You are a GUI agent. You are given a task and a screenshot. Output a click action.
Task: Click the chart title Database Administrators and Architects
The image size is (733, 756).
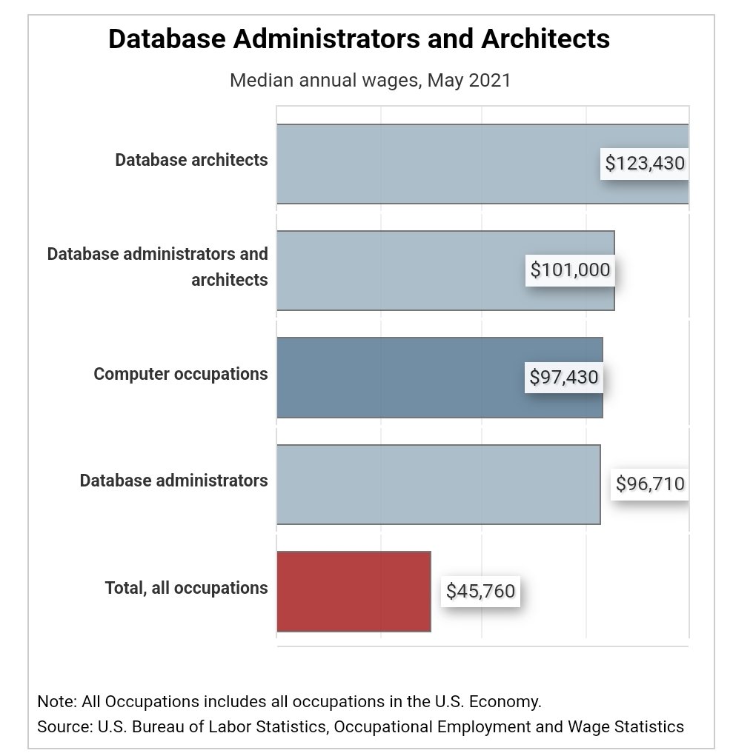pyautogui.click(x=359, y=39)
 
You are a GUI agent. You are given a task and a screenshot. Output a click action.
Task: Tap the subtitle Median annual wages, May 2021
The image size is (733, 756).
pyautogui.click(x=370, y=80)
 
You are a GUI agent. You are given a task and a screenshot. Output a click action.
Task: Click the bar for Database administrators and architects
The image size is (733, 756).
pyautogui.click(x=400, y=270)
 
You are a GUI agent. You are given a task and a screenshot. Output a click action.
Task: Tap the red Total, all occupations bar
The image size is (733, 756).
pyautogui.click(x=354, y=592)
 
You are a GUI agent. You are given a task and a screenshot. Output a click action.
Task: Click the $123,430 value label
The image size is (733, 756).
pyautogui.click(x=645, y=163)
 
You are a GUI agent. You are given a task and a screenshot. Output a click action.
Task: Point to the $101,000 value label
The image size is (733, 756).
pyautogui.click(x=570, y=270)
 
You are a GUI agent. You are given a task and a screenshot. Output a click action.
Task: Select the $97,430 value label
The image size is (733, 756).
pyautogui.click(x=563, y=378)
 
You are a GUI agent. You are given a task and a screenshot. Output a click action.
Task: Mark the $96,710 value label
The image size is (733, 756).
pyautogui.click(x=650, y=484)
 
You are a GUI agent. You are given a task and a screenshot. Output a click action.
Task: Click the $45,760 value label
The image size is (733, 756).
pyautogui.click(x=480, y=592)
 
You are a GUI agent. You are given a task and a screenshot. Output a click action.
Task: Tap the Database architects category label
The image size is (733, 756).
pyautogui.click(x=191, y=160)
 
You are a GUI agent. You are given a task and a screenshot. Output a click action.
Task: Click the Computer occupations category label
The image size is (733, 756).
pyautogui.click(x=180, y=374)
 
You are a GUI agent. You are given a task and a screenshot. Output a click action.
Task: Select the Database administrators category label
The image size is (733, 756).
pyautogui.click(x=173, y=481)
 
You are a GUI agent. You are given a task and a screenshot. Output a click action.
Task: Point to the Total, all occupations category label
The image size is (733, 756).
pyautogui.click(x=186, y=588)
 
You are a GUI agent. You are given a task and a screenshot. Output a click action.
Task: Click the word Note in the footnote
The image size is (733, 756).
pyautogui.click(x=52, y=700)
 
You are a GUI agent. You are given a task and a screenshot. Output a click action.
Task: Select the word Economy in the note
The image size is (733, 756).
pyautogui.click(x=506, y=700)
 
